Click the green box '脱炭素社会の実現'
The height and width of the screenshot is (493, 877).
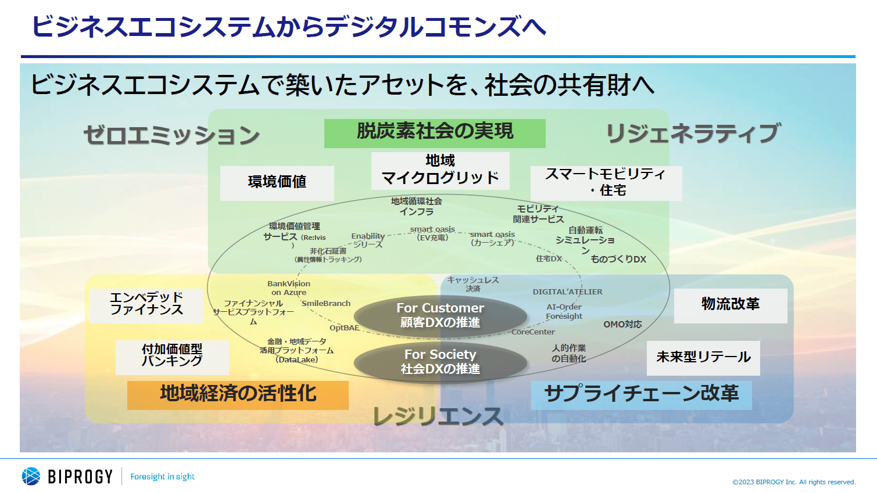(x=435, y=133)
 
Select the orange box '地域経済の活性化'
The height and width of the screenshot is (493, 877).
(x=238, y=395)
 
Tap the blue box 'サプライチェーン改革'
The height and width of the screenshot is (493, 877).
(x=641, y=395)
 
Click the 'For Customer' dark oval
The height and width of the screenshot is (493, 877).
(x=440, y=315)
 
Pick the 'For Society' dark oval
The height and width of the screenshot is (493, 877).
(x=440, y=362)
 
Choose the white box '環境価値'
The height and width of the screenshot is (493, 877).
(x=277, y=183)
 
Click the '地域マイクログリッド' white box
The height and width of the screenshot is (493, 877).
(x=440, y=170)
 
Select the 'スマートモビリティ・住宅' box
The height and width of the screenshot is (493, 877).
(x=606, y=183)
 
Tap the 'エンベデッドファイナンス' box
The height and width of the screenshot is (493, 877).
(x=146, y=305)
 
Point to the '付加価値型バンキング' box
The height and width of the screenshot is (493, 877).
(x=172, y=357)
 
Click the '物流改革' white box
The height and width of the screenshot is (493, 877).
(x=730, y=305)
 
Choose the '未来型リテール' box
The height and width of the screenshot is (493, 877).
(x=703, y=358)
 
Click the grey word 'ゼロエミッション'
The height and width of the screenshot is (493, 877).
(x=171, y=135)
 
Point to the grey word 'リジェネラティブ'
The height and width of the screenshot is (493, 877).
(x=693, y=134)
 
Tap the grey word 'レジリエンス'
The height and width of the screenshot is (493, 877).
(x=438, y=416)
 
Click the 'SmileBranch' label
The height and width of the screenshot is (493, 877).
(x=326, y=304)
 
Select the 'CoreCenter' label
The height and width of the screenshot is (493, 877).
(x=533, y=332)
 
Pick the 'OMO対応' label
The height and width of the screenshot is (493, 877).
(x=622, y=325)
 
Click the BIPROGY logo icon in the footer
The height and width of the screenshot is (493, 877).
(x=31, y=476)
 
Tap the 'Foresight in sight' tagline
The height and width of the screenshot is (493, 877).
(x=162, y=477)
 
